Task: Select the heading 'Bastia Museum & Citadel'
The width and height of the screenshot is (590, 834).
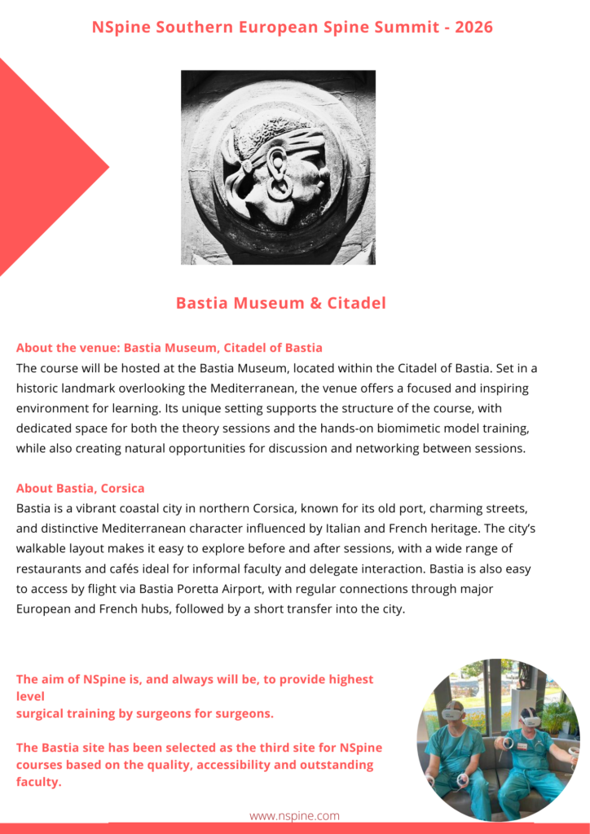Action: (280, 303)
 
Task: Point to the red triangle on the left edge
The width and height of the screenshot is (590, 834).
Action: (41, 167)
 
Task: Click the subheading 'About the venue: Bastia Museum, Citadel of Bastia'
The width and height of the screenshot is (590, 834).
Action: (170, 348)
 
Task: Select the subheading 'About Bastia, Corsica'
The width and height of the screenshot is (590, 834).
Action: (81, 489)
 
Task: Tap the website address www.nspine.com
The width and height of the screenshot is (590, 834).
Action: (294, 815)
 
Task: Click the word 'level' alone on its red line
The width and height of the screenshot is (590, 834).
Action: (30, 696)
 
